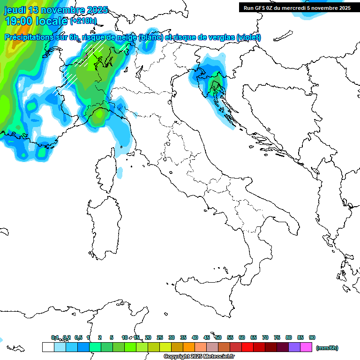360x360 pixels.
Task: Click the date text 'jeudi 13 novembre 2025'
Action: click(56, 10)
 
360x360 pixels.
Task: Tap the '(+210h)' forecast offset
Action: click(83, 21)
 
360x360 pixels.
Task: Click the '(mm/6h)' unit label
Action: click(327, 348)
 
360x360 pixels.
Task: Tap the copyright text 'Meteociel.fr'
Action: click(217, 357)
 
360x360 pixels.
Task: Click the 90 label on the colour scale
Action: click(312, 337)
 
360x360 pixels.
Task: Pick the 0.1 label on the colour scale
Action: click(55, 337)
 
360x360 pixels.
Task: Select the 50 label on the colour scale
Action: click(218, 337)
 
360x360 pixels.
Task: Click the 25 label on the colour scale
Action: click(160, 337)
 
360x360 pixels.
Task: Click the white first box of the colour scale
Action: click(48, 347)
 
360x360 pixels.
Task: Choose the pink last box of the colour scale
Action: click(306, 347)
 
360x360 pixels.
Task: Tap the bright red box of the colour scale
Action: click(247, 347)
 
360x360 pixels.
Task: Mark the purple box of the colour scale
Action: click(294, 347)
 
